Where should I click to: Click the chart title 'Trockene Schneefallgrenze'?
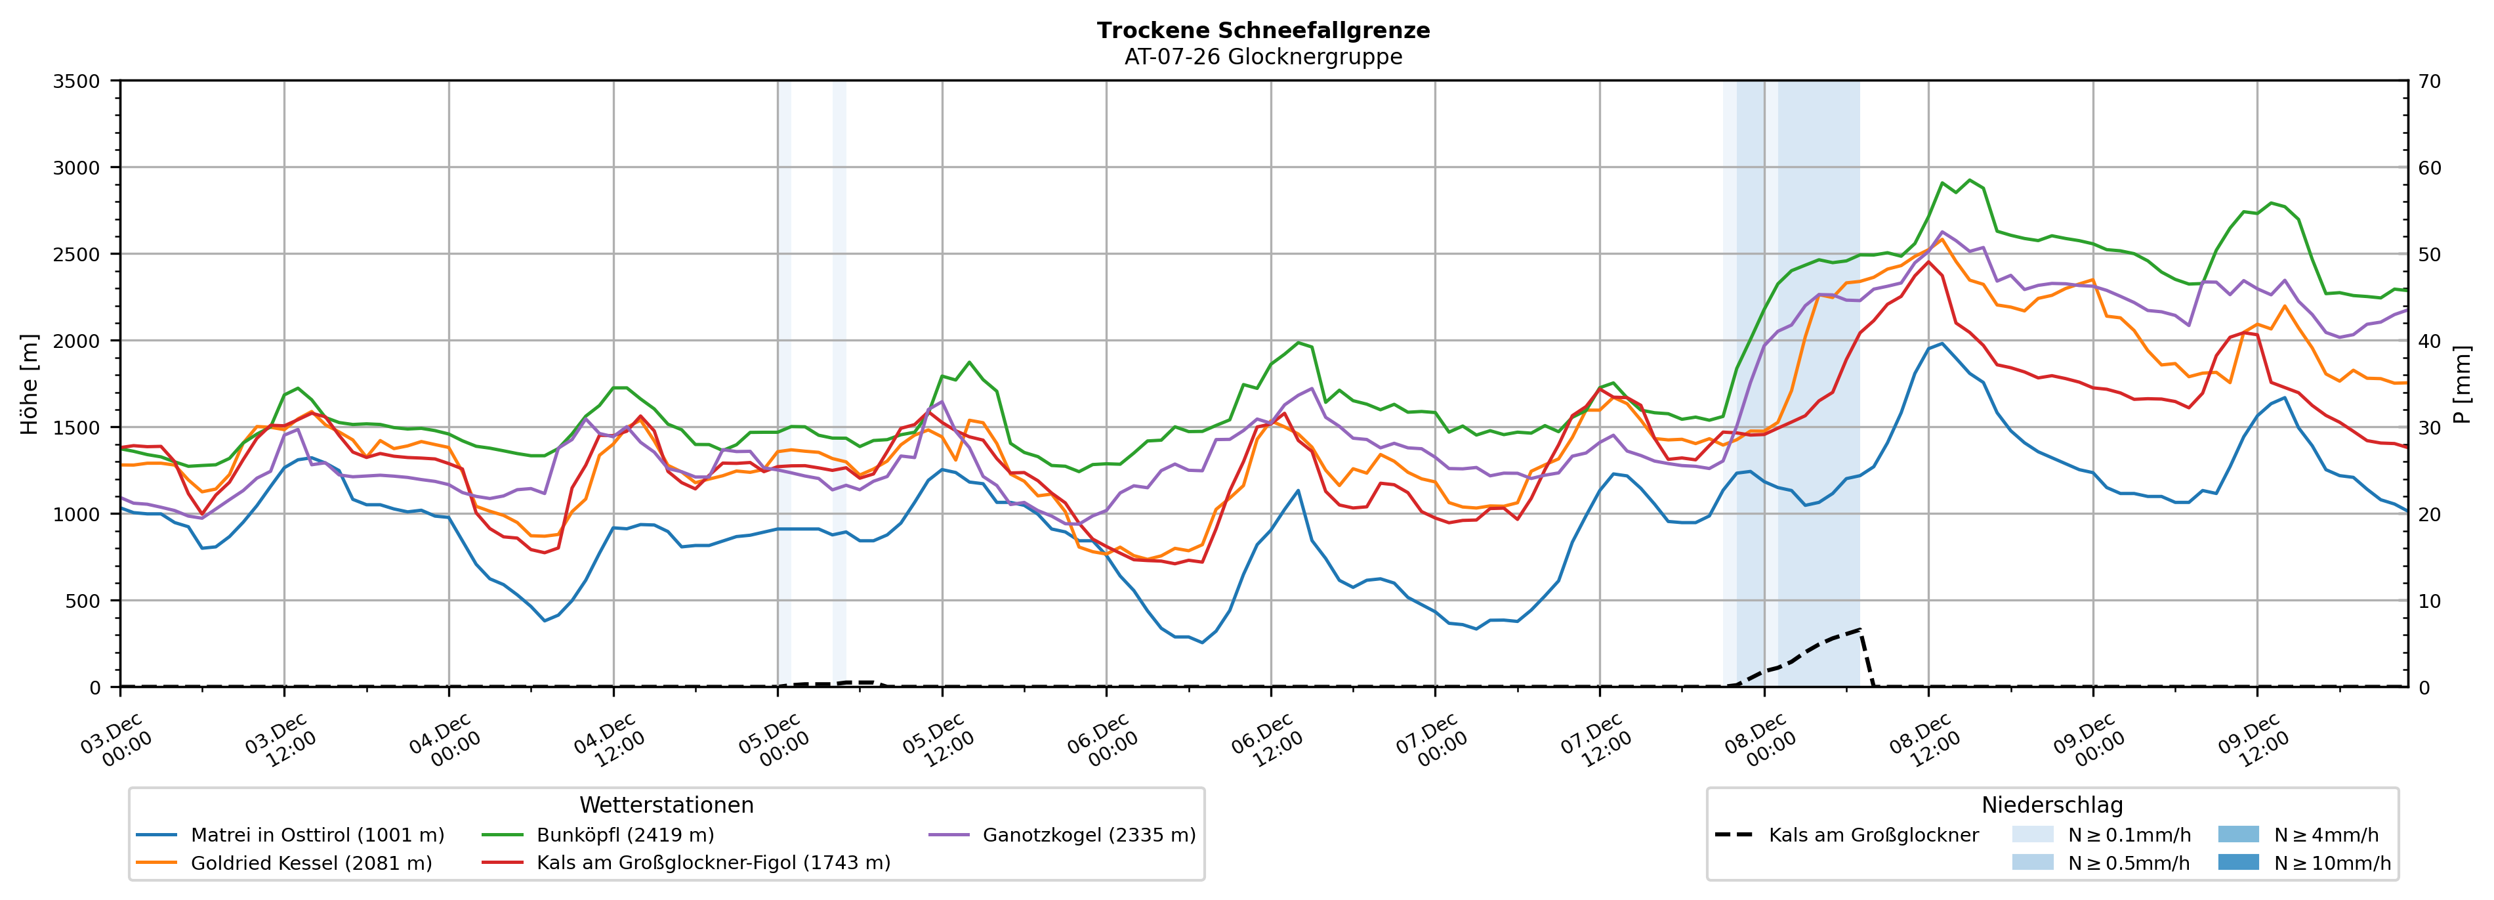click(x=1262, y=30)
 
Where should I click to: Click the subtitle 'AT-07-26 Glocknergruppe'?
click(x=1262, y=57)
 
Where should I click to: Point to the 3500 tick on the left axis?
click(x=75, y=81)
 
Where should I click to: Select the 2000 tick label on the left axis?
click(x=75, y=341)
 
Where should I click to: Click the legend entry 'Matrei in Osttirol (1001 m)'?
click(x=317, y=835)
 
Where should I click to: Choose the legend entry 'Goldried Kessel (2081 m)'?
click(x=311, y=863)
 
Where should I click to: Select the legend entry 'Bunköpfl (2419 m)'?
click(x=625, y=835)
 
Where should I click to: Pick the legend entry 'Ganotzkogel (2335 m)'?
click(x=1089, y=835)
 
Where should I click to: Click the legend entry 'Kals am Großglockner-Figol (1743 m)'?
click(x=713, y=863)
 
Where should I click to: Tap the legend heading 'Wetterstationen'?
click(x=666, y=805)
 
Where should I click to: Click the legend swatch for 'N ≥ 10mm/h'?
click(x=2237, y=862)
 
